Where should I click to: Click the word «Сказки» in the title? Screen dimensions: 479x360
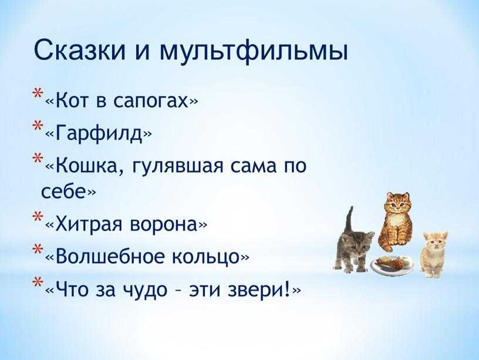(80, 50)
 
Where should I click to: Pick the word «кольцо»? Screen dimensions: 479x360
(205, 256)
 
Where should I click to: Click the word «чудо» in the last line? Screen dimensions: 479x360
(145, 290)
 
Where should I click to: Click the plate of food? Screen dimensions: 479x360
(392, 264)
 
